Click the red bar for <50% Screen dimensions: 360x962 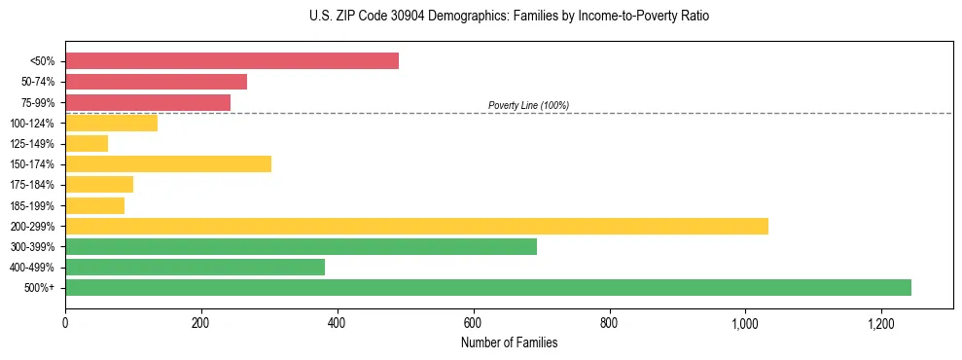(x=232, y=61)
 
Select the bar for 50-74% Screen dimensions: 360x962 (x=156, y=82)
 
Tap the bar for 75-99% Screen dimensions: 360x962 (x=148, y=102)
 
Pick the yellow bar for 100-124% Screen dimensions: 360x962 (x=111, y=123)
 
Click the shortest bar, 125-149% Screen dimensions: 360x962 (x=87, y=144)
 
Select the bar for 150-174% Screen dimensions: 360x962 (x=168, y=164)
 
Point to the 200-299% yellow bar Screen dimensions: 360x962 (x=416, y=226)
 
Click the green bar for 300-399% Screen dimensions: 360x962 (x=301, y=246)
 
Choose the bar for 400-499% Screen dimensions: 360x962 (x=195, y=268)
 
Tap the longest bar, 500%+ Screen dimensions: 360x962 (x=488, y=288)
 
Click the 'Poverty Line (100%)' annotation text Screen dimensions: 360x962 (x=528, y=105)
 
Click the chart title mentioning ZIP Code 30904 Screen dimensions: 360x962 (x=481, y=17)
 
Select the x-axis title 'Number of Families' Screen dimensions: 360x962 (x=509, y=342)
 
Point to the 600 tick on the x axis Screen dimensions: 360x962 (x=474, y=323)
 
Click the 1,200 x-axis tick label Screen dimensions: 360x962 (x=881, y=323)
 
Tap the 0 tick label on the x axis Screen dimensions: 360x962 (x=65, y=323)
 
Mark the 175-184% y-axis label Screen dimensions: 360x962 (x=32, y=185)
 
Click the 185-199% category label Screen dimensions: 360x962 (x=32, y=205)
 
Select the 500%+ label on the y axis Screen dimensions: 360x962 (x=39, y=288)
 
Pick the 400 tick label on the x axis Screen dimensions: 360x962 (x=338, y=323)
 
